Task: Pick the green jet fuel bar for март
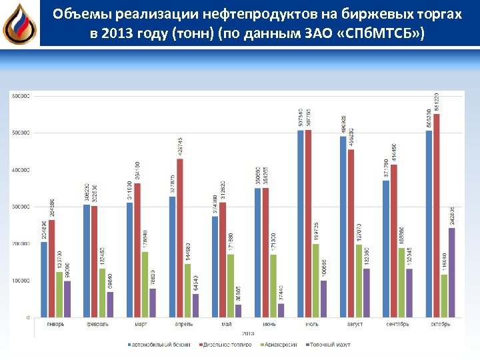point(145,284)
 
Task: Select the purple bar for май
point(238,310)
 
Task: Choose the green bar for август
point(359,281)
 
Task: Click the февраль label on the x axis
point(98,324)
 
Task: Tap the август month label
point(355,324)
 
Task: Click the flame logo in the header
point(19,24)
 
